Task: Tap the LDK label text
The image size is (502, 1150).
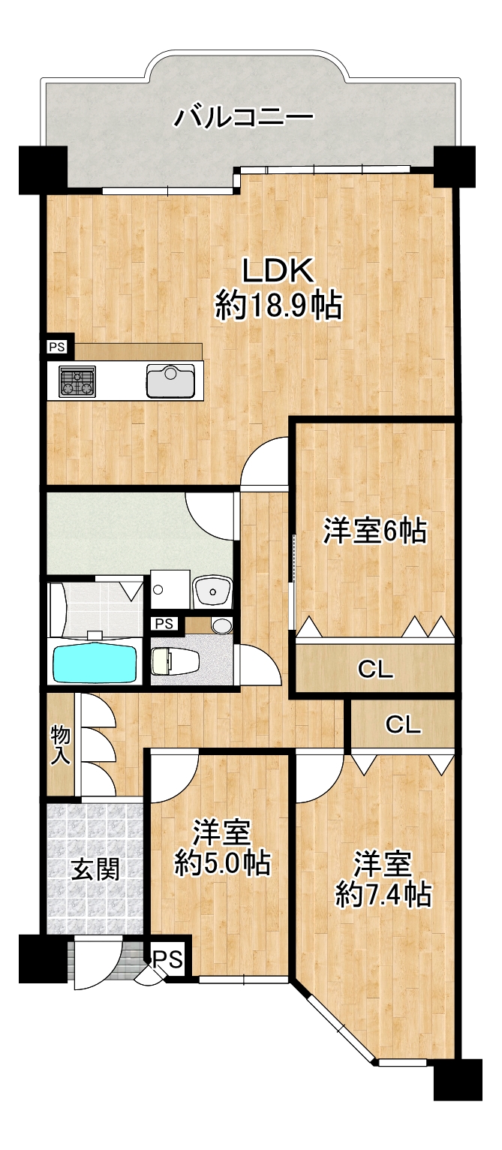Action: (278, 270)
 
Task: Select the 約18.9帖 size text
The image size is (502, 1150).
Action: (278, 306)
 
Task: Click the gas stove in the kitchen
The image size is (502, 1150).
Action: (77, 381)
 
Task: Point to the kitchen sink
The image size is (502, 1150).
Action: (170, 381)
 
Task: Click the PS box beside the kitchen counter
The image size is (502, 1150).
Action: (58, 347)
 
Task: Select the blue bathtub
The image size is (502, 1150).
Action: (96, 662)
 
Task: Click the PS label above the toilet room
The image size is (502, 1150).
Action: (164, 624)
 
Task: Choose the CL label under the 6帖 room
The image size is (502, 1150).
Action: (375, 670)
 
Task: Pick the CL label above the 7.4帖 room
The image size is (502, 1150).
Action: (404, 724)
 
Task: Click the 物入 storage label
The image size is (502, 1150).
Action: (61, 746)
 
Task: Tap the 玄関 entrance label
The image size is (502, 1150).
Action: (95, 870)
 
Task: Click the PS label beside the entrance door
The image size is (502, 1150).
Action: (169, 959)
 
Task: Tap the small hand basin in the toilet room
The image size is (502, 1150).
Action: (221, 625)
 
